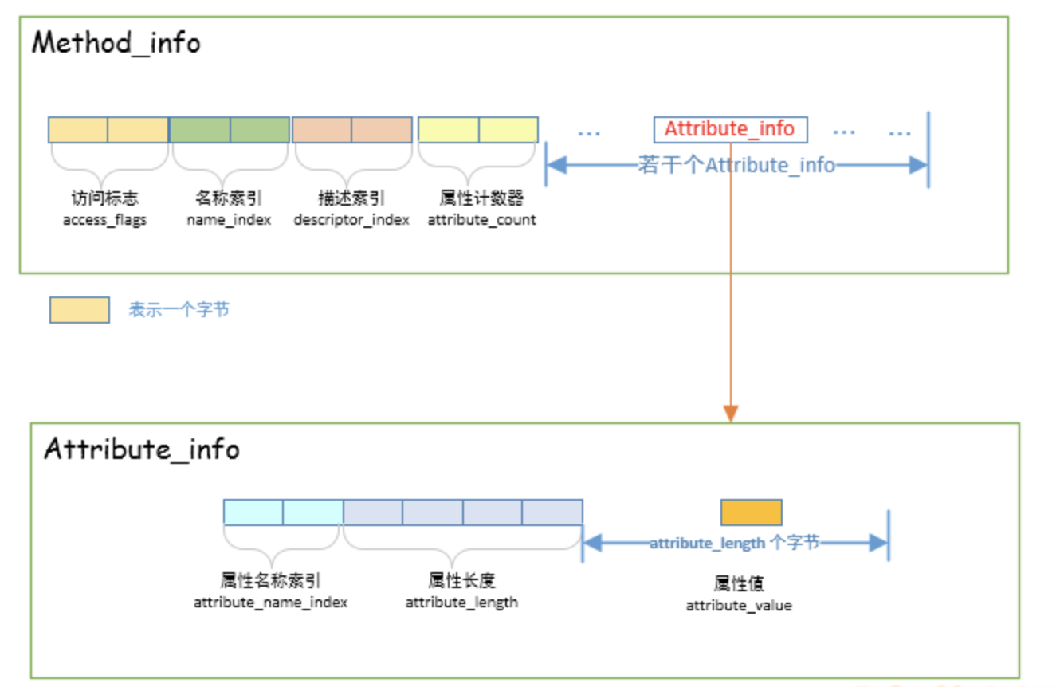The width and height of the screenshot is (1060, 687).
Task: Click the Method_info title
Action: pos(116,42)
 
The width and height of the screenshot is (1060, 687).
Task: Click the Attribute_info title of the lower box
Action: pos(142,449)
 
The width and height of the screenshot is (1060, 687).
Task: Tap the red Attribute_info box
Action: pos(729,129)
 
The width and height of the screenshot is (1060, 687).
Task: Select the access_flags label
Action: pos(104,220)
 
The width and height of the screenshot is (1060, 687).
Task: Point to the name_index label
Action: pos(229,220)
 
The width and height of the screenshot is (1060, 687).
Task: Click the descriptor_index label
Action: pos(351,220)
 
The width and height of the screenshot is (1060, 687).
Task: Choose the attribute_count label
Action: pos(481,220)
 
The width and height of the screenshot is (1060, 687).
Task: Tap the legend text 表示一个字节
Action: pos(179,310)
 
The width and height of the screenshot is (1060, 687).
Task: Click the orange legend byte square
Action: pos(79,310)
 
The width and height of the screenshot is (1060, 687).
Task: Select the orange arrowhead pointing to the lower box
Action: pos(730,413)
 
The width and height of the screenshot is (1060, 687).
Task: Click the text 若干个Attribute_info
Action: pos(736,165)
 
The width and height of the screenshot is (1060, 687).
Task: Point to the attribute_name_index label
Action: pos(271,603)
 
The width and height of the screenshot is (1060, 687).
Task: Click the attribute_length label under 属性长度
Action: pos(461,603)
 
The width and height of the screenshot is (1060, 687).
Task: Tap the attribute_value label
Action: pos(739,606)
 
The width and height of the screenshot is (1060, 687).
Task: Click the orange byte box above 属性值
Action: pos(751,512)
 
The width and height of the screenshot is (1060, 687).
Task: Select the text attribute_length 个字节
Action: pos(734,543)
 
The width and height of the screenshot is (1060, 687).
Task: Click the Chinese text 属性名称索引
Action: pos(271,581)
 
